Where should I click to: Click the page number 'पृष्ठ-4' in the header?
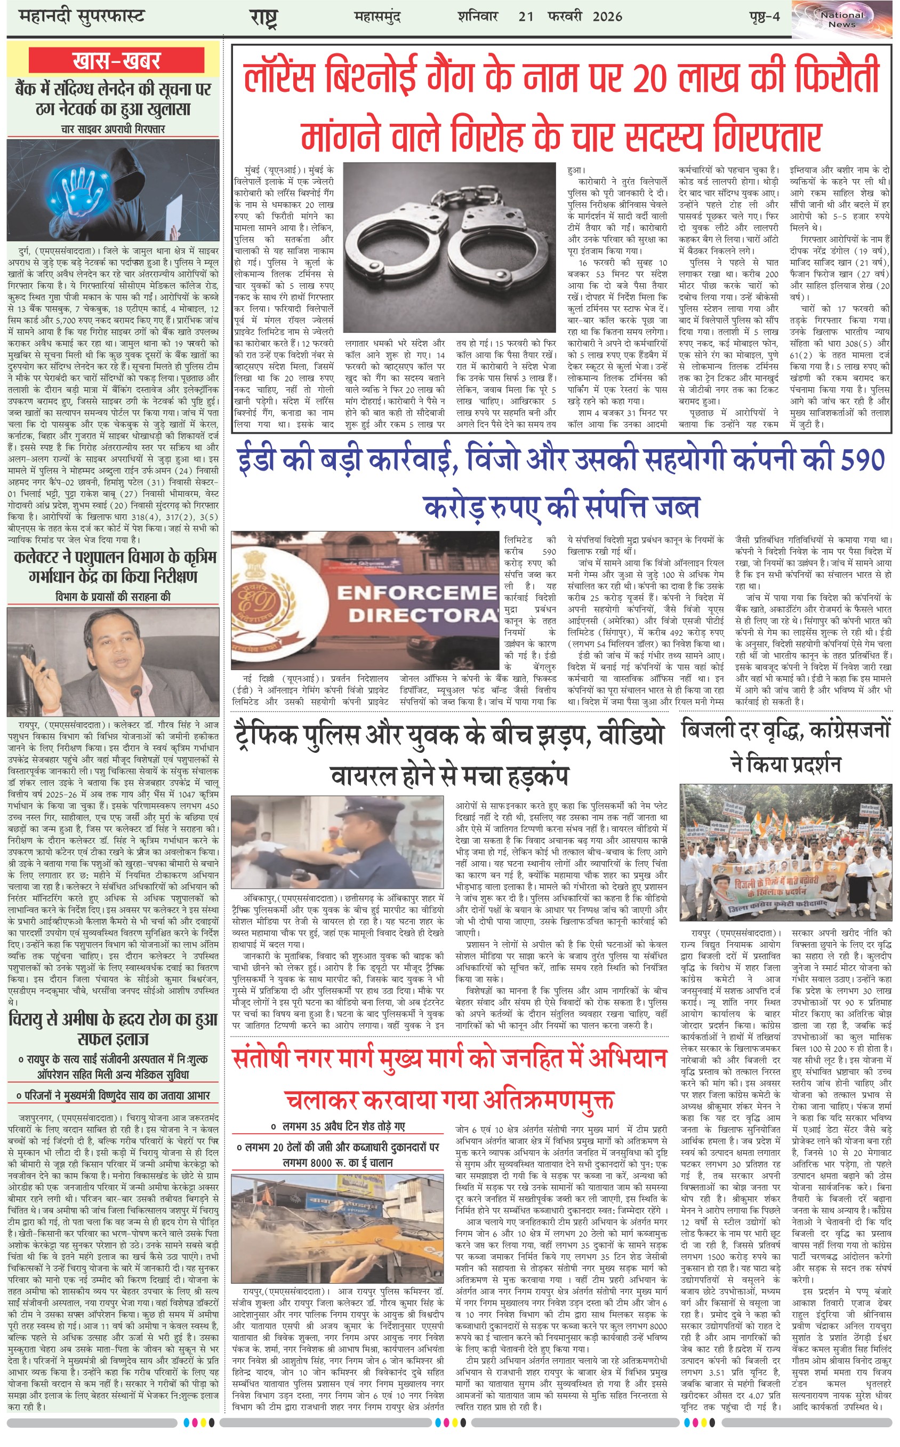pos(764,17)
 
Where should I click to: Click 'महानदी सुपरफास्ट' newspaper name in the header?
pos(82,16)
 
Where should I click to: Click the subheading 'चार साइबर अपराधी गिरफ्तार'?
pos(112,129)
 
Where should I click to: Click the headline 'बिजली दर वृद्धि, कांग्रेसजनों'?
pos(785,730)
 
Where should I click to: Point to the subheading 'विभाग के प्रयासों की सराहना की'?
pos(112,597)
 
